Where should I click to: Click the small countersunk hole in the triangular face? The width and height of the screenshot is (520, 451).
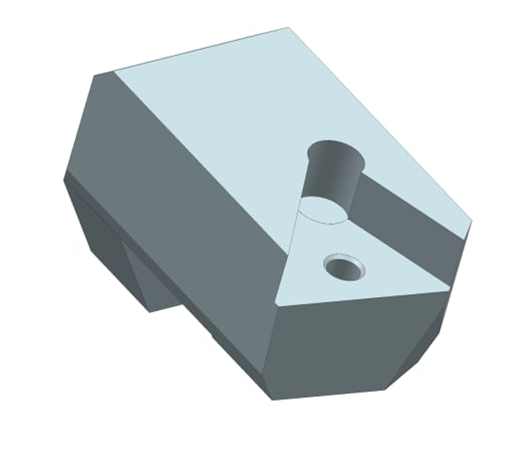point(343,266)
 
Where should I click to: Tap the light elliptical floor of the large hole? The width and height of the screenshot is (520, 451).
point(322,210)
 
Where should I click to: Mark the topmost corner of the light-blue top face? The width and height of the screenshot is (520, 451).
point(288,28)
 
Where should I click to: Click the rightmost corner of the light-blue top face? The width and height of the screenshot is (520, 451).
point(472,222)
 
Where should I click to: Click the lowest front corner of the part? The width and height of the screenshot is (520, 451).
point(272,400)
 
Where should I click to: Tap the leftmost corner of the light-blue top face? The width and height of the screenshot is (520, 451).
point(113,71)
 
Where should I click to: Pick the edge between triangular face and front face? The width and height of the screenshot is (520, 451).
point(361,296)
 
